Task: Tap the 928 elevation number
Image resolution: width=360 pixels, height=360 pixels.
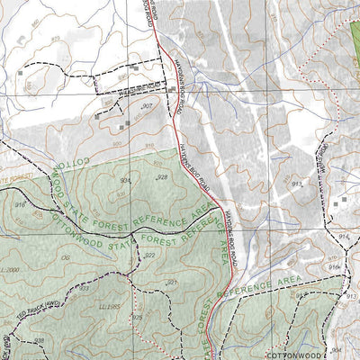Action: click(x=163, y=178)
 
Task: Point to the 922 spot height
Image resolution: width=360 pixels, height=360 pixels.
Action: click(x=149, y=255)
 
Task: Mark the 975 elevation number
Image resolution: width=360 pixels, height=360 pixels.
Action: click(x=138, y=317)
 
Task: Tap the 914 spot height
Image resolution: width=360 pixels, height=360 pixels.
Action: click(x=343, y=235)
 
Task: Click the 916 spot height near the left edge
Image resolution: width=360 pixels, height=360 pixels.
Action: click(x=18, y=205)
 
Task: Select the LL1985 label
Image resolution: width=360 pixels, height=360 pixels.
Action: click(x=111, y=306)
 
